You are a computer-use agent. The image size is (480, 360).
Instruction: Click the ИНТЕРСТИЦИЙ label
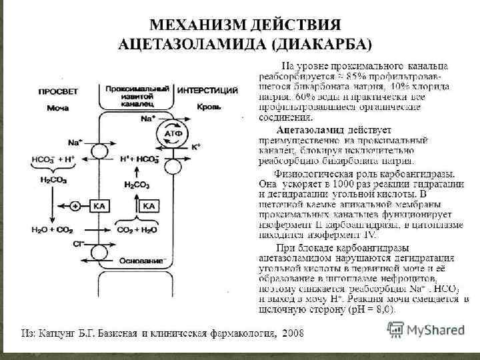(209, 89)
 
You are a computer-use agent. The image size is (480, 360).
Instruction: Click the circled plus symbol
(75, 206)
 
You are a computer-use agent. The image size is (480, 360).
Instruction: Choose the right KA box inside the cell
(149, 206)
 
